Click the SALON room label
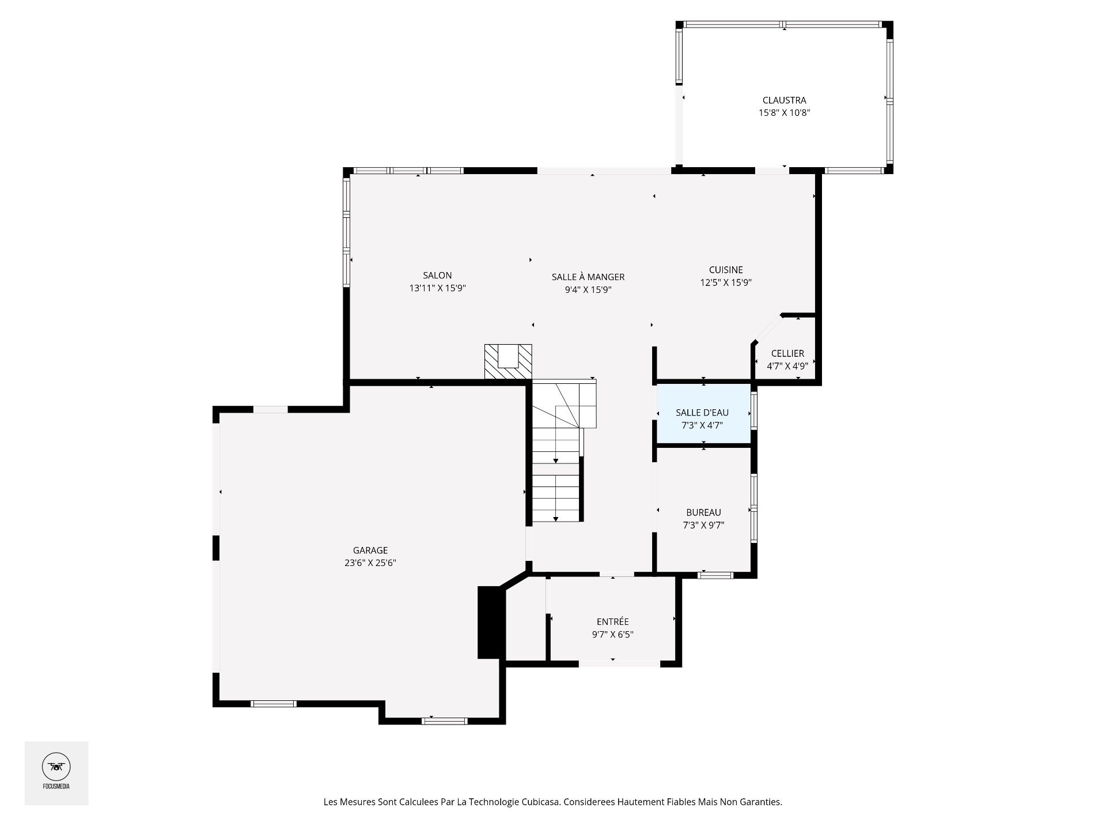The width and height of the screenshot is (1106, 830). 437,276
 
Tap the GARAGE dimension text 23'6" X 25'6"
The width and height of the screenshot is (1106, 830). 370,563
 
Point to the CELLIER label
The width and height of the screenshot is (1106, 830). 787,353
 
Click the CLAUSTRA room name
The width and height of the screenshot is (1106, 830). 784,100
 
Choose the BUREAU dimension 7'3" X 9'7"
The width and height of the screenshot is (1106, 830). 703,525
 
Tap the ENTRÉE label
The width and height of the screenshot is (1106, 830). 613,621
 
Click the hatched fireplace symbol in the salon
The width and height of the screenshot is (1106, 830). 507,361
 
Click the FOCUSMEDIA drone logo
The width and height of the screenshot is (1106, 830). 56,767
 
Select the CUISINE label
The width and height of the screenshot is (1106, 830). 726,270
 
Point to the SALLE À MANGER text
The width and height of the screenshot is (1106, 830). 588,277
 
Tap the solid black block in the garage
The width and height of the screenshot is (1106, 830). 491,622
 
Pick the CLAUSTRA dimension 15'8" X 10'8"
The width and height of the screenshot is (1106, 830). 784,113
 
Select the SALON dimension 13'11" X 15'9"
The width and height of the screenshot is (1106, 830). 437,288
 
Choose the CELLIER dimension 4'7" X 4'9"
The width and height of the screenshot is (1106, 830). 787,366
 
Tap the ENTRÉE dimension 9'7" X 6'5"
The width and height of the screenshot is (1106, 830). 613,635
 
